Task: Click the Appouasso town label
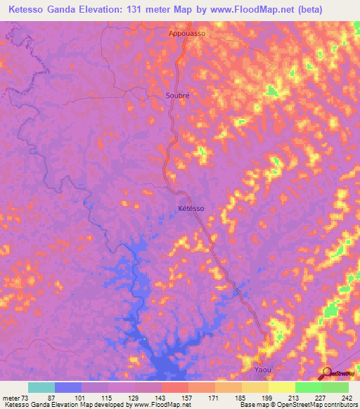pos(186,32)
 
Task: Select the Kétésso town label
pos(191,209)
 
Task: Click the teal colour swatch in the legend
pos(41,387)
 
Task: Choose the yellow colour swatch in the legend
pos(282,387)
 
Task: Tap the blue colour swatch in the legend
pos(68,387)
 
